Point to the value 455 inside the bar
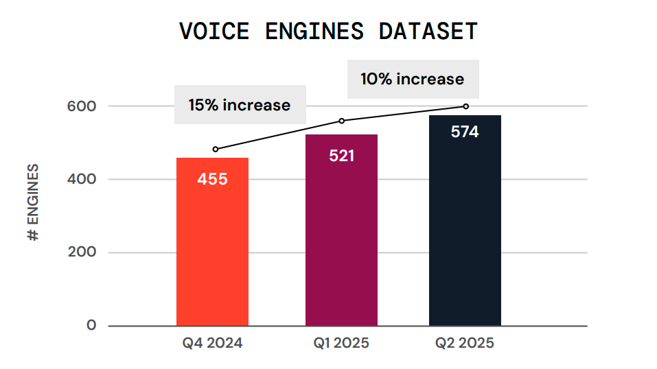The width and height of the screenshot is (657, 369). (x=212, y=180)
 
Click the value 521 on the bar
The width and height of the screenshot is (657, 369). (x=341, y=156)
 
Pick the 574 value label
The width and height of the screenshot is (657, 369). (x=465, y=132)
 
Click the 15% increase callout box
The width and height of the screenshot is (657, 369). (x=240, y=105)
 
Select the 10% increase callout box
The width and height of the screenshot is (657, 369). (x=413, y=79)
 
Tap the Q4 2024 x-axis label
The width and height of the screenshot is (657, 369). (x=212, y=344)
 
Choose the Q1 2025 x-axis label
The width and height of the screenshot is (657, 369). (x=341, y=344)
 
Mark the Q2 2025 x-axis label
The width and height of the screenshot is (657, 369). (x=465, y=344)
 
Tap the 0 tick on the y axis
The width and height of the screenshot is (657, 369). (x=91, y=325)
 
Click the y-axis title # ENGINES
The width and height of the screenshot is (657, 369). (x=33, y=203)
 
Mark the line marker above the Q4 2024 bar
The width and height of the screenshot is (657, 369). (x=216, y=149)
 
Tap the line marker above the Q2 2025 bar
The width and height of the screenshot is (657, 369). (x=466, y=106)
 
